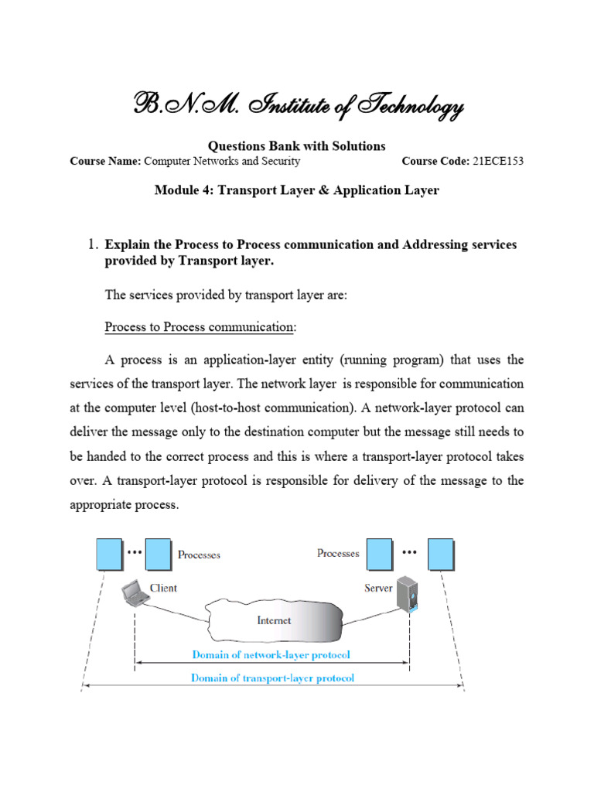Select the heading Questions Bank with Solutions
pyautogui.click(x=297, y=146)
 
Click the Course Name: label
pyautogui.click(x=105, y=162)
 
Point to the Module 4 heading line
pyautogui.click(x=297, y=190)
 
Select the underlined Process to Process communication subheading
pyautogui.click(x=200, y=327)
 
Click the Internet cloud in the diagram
pyautogui.click(x=275, y=620)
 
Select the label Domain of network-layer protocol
pyautogui.click(x=271, y=654)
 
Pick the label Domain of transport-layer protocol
pyautogui.click(x=272, y=678)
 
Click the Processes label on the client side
pyautogui.click(x=199, y=555)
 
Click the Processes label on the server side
pyautogui.click(x=338, y=554)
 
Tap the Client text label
pyautogui.click(x=163, y=588)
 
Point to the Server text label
pyautogui.click(x=378, y=588)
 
